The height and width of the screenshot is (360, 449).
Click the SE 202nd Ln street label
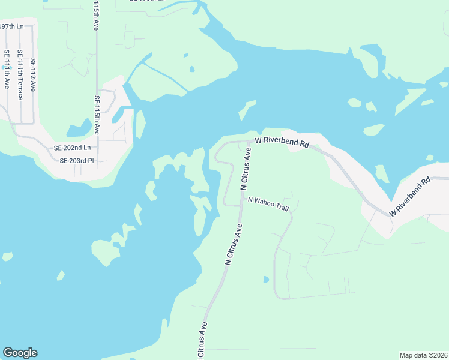(x=72, y=148)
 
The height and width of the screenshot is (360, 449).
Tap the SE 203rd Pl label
(x=77, y=161)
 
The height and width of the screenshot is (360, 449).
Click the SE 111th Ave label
(x=7, y=69)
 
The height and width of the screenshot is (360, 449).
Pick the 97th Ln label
(x=11, y=26)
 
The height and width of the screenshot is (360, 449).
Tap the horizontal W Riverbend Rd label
(x=282, y=142)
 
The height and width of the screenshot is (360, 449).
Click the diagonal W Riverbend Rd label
(x=411, y=197)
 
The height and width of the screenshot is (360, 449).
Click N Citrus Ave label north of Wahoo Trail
(x=246, y=169)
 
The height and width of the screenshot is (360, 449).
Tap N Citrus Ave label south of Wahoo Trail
(x=233, y=244)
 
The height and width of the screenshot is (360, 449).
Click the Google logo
(x=20, y=353)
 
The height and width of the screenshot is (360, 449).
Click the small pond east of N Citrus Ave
(x=265, y=280)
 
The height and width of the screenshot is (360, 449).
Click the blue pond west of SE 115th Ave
(x=79, y=130)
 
